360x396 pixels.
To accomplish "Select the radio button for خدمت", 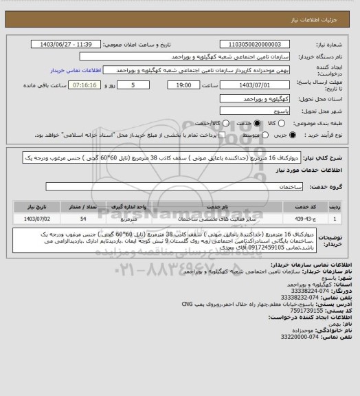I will [x=257, y=124].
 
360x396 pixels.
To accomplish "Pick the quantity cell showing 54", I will [x=84, y=219].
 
